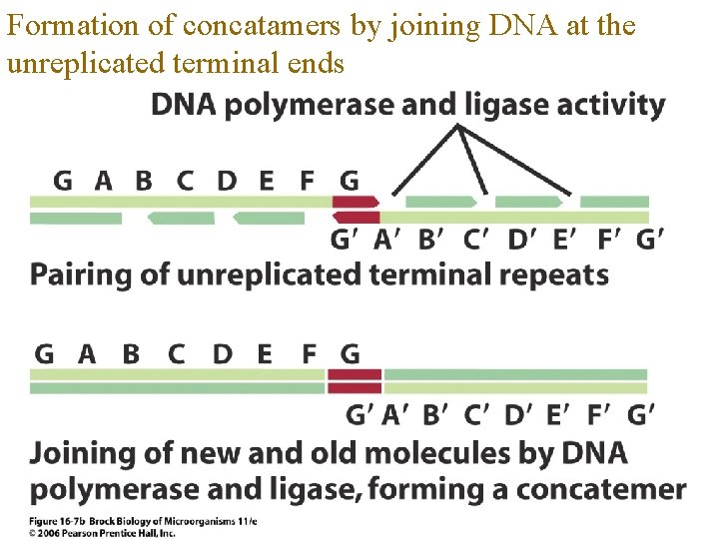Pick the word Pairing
point(81,273)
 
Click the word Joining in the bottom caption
point(79,454)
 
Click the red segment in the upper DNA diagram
point(356,210)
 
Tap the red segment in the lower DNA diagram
point(356,380)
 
